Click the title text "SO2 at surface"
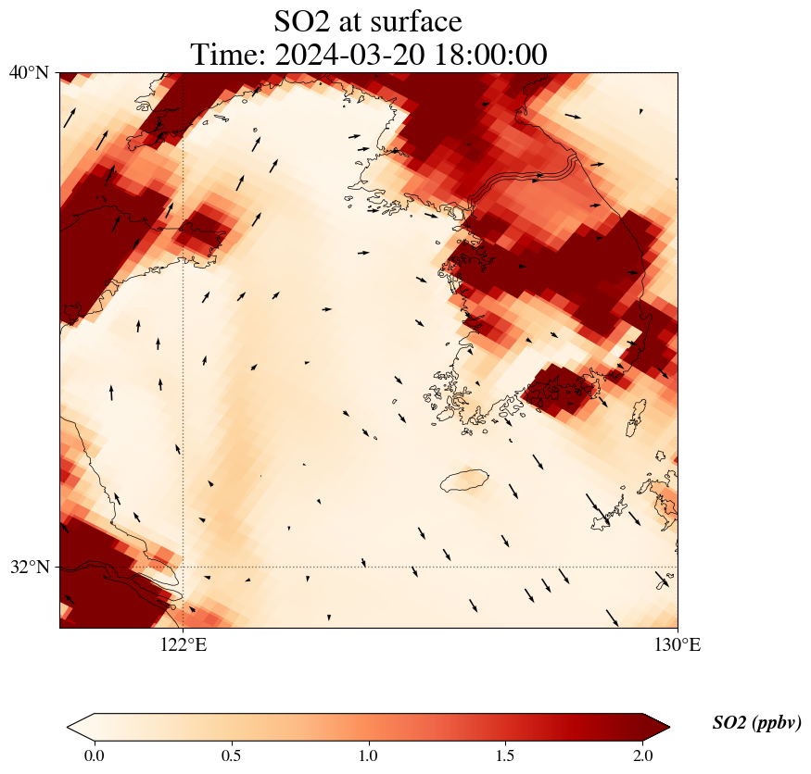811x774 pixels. pyautogui.click(x=368, y=20)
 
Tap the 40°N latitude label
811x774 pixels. pyautogui.click(x=30, y=72)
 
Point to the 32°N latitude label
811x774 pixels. pyautogui.click(x=30, y=567)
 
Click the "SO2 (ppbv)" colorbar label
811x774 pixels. pyautogui.click(x=756, y=723)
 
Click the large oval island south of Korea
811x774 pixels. pyautogui.click(x=465, y=481)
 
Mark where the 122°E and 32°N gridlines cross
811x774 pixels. pyautogui.click(x=183, y=567)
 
